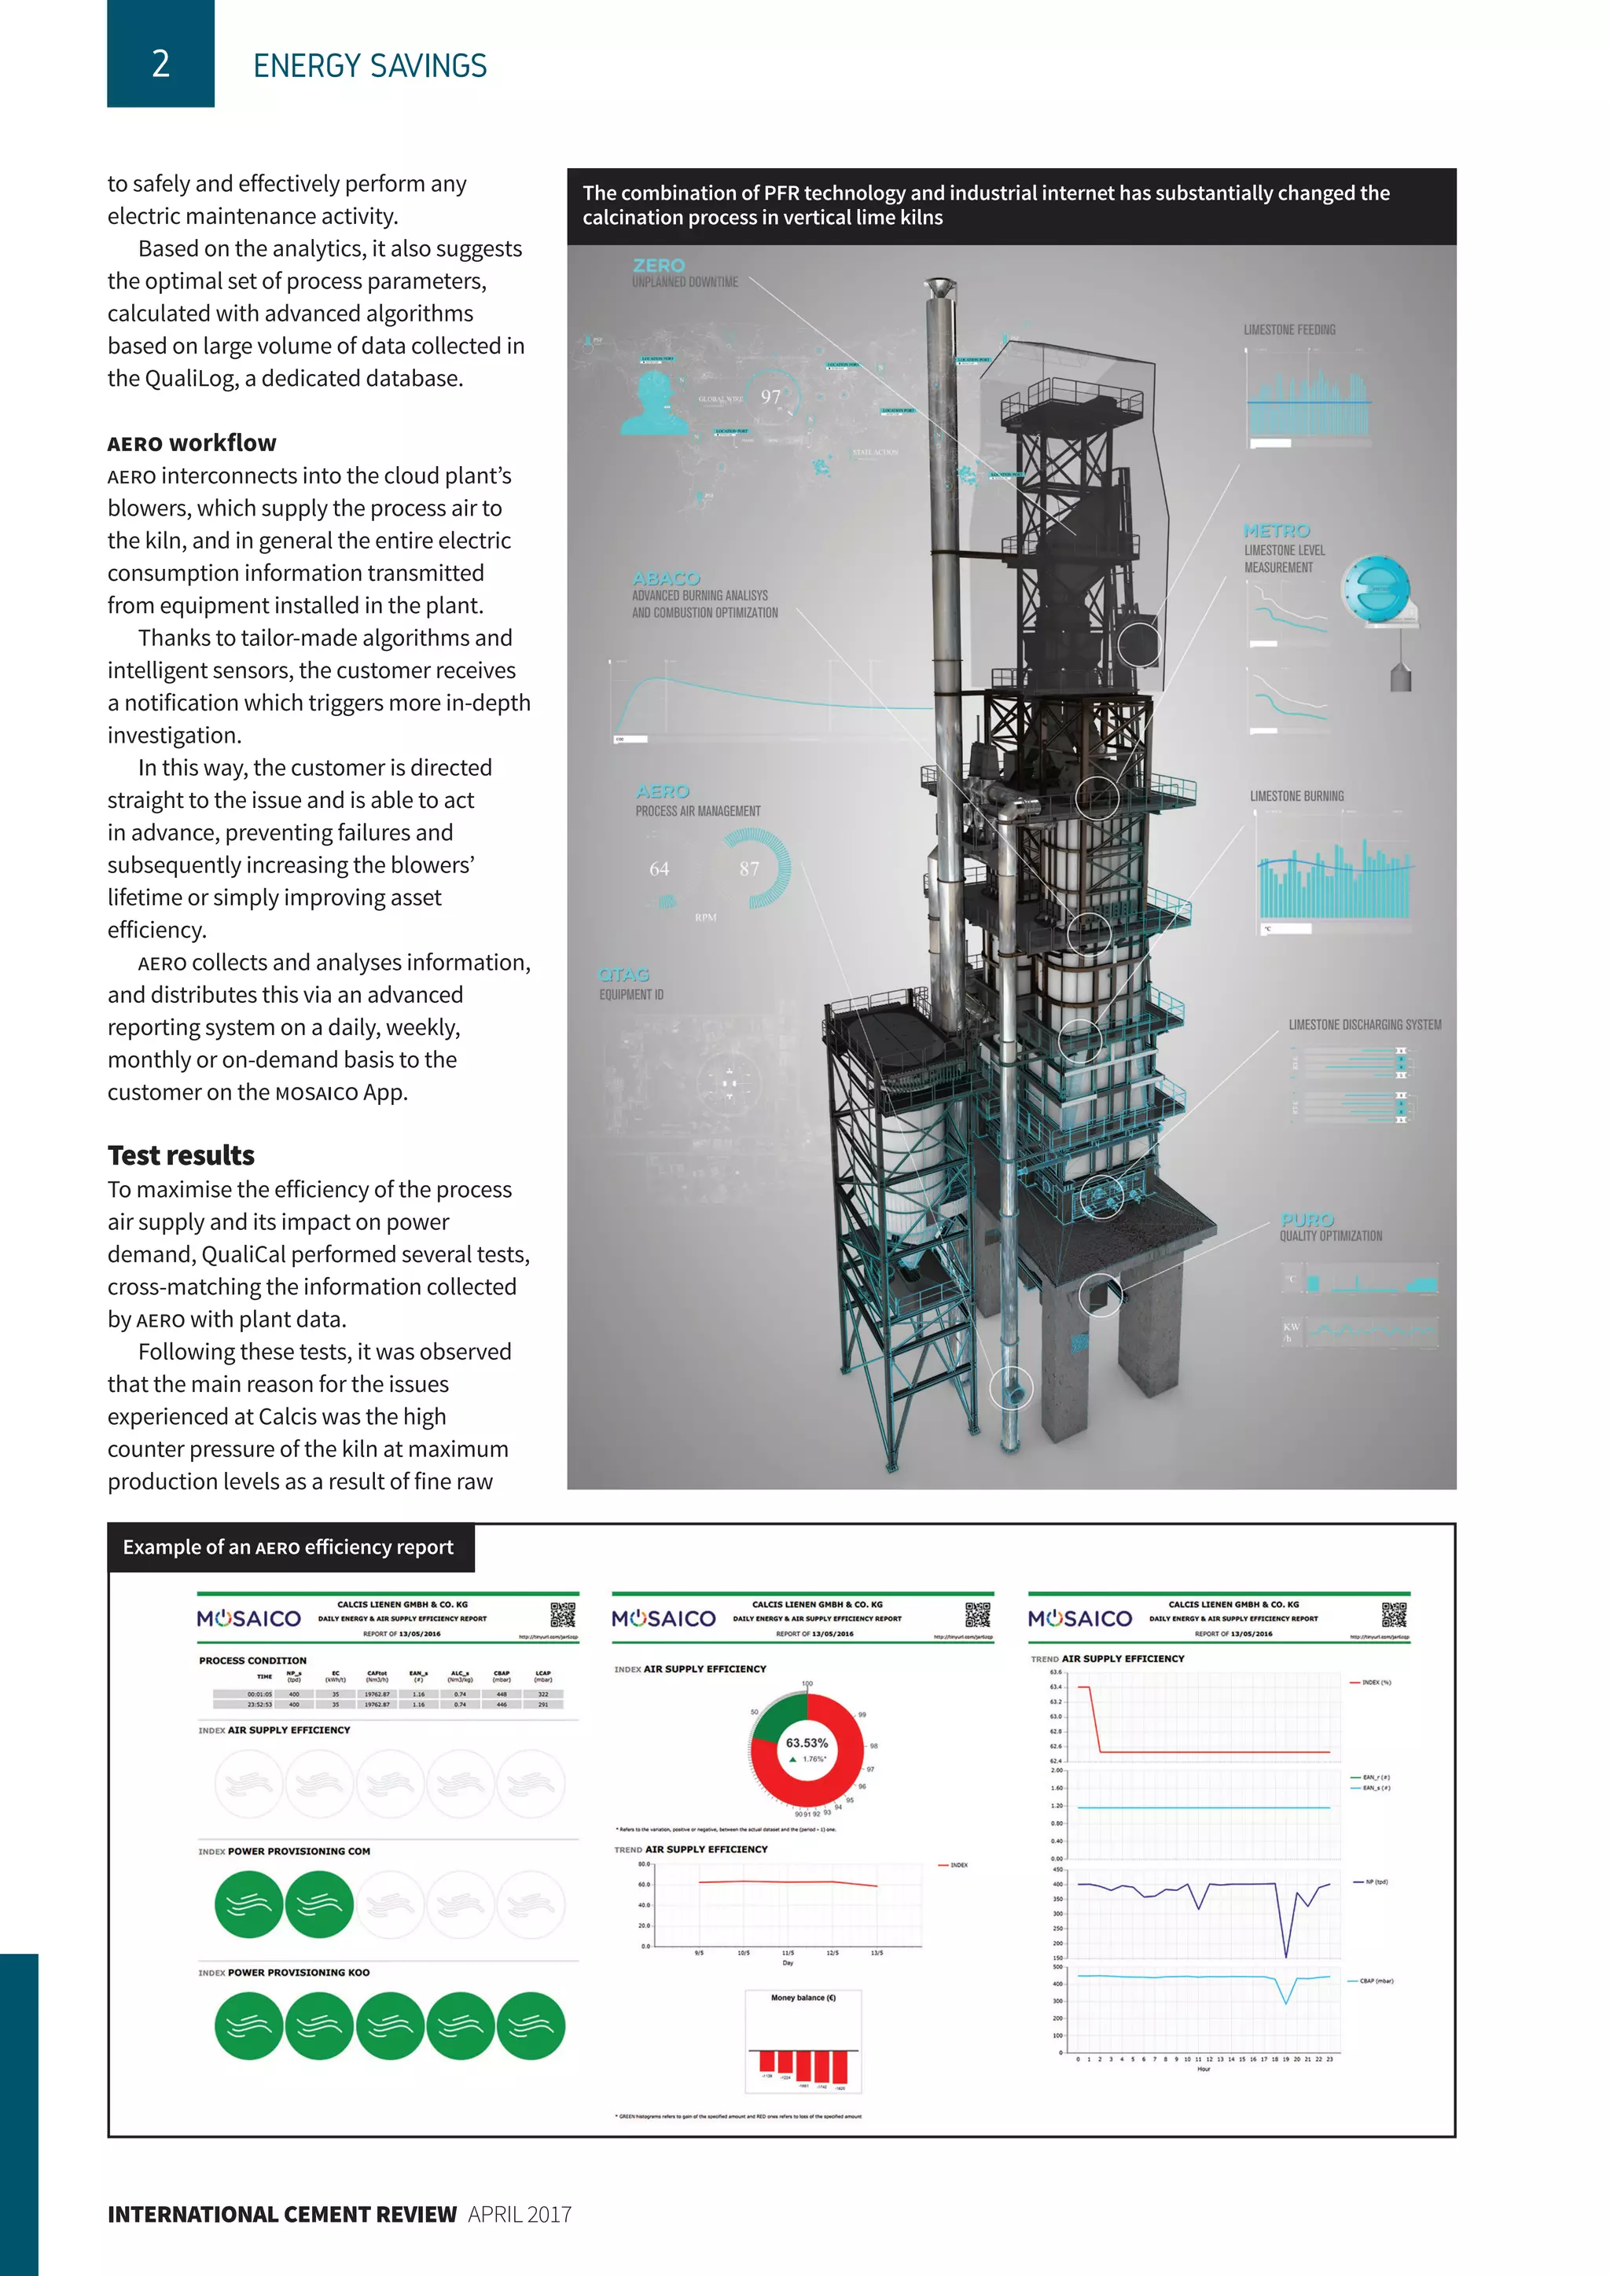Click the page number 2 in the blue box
coord(160,64)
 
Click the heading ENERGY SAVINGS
coord(369,67)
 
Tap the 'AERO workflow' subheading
coord(193,443)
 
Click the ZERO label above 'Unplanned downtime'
coord(658,266)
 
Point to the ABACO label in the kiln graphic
coord(666,578)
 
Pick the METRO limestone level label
coord(1277,531)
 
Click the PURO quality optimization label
coord(1307,1219)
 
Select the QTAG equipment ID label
coord(623,975)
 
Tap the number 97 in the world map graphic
coord(771,398)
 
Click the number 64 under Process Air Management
coord(660,869)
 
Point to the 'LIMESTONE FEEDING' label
coord(1288,330)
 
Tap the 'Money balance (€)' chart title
coord(803,1998)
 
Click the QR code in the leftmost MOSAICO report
coord(563,1615)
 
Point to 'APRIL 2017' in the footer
coord(520,2215)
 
